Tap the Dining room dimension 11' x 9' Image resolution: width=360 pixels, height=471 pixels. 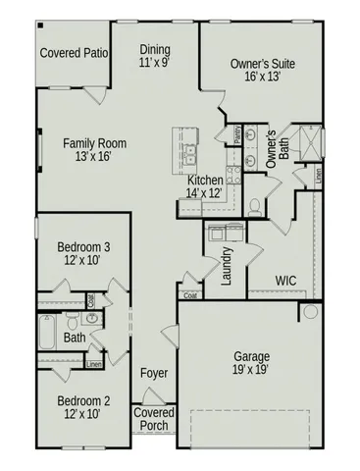coord(155,62)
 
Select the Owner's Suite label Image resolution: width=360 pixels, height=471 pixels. coord(262,65)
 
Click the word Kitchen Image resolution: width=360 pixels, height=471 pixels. coord(206,181)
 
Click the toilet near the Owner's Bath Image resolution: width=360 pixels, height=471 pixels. coord(254,205)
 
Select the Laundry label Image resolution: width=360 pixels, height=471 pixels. coord(227,266)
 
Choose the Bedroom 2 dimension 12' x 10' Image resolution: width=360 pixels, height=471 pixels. coord(82,416)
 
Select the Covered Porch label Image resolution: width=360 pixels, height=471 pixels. coord(154,420)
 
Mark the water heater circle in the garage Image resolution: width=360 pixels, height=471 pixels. coord(310,312)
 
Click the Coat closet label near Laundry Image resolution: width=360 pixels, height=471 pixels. coord(189,294)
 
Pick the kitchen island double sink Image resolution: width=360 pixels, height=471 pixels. coord(190,152)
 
